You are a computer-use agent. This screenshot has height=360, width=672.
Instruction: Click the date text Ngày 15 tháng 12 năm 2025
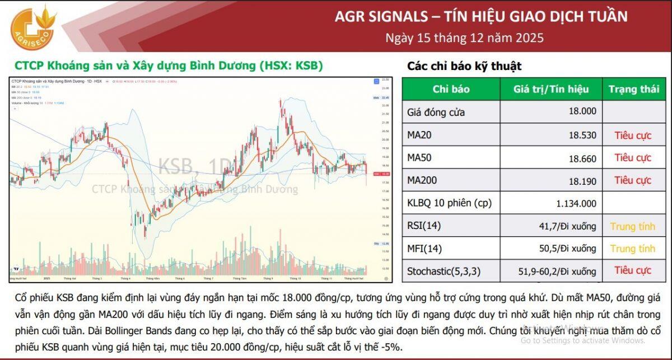coord(464,38)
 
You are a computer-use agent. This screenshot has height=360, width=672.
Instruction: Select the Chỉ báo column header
coord(451,89)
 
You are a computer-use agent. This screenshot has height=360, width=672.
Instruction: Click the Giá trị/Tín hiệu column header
coord(551,89)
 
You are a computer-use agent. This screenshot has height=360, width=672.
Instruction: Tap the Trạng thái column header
coord(634,89)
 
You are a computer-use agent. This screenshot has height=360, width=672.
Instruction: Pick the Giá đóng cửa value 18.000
coord(582,111)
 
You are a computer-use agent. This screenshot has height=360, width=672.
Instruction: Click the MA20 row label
coord(419,135)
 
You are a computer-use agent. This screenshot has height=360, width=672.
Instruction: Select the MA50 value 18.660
coord(582,158)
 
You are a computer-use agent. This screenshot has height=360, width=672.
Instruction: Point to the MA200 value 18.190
coord(582,180)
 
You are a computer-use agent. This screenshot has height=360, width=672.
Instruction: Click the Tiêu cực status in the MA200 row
coord(633,180)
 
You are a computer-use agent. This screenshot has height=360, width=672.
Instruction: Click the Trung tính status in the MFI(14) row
coord(633,249)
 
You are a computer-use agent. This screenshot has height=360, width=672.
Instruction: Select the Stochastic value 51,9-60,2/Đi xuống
coord(557,272)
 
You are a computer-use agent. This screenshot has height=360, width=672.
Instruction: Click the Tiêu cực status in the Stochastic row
coord(633,270)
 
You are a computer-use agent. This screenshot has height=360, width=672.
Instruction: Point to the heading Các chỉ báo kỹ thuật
coord(464,66)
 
